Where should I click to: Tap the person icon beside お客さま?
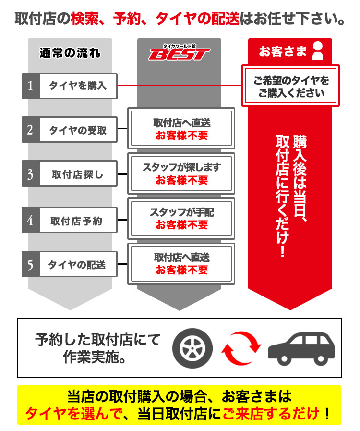(318, 51)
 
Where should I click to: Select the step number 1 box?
(30, 86)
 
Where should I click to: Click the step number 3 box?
(30, 174)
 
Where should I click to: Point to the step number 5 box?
(30, 264)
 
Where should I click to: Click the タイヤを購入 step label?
(78, 86)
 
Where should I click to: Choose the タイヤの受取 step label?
(78, 130)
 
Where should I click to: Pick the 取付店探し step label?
(78, 174)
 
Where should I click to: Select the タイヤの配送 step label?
(78, 264)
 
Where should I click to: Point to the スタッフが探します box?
(181, 173)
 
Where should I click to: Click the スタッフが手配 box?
(181, 218)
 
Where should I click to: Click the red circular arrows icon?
(242, 347)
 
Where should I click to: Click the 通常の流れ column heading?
(70, 52)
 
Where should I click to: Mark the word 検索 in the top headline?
(84, 19)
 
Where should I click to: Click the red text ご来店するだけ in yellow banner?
(271, 413)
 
